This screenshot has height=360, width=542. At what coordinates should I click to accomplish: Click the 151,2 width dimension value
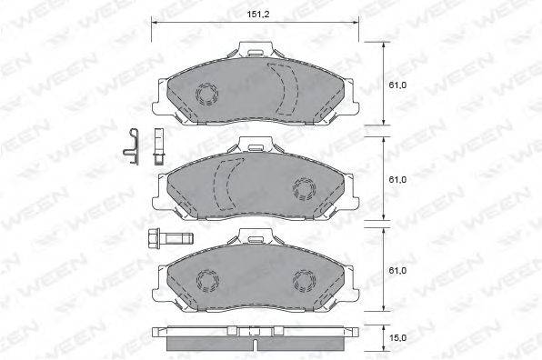[258, 15]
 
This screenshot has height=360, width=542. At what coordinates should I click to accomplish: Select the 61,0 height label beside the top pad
[397, 85]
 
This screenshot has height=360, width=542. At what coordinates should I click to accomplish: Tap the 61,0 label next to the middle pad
[397, 180]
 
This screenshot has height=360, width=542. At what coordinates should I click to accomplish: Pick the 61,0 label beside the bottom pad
[397, 271]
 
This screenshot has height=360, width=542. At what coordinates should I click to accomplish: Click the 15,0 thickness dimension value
[397, 337]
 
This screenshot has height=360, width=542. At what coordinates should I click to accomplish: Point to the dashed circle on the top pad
[207, 94]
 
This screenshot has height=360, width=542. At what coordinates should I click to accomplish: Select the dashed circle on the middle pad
[304, 189]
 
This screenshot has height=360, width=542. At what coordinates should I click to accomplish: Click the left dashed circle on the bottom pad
[207, 280]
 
